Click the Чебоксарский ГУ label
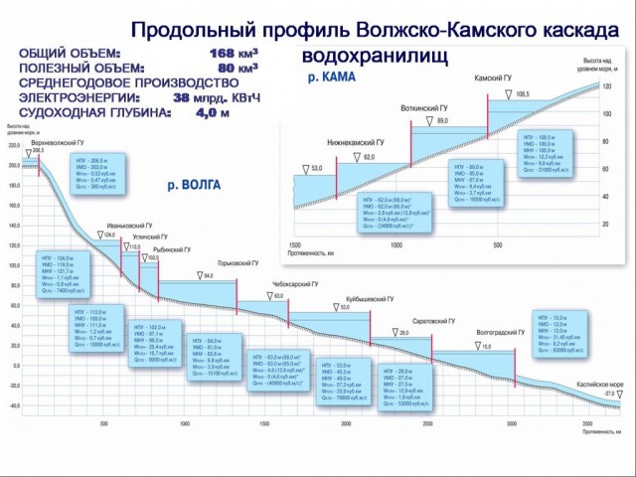[294, 284]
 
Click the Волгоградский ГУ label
[500, 335]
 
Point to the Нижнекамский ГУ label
[355, 142]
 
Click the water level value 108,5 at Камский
[523, 93]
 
